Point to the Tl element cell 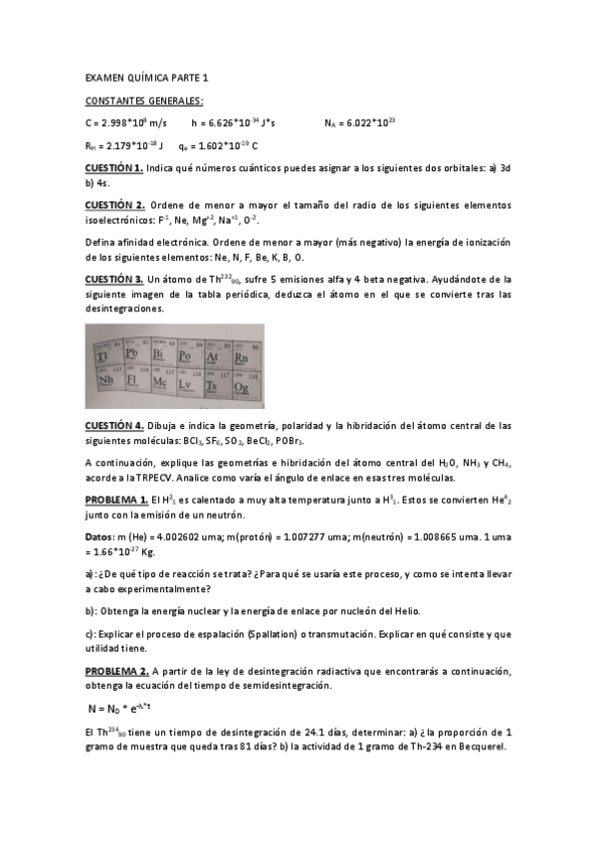(104, 355)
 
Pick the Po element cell (186, 355)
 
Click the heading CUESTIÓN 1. (114, 169)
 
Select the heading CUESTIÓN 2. (115, 205)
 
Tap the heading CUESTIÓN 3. (115, 280)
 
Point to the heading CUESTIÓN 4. (115, 426)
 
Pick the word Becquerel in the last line (477, 747)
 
